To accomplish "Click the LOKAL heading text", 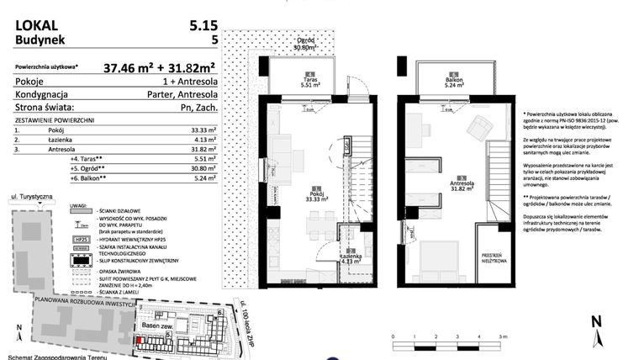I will tap(37, 25).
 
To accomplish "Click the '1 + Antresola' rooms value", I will tap(190, 82).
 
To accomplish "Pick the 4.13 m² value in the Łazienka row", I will tap(206, 140).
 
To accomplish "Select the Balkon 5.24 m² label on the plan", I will tap(454, 82).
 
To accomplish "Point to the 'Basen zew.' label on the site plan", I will tap(157, 326).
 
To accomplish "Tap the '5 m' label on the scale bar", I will tap(501, 336).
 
